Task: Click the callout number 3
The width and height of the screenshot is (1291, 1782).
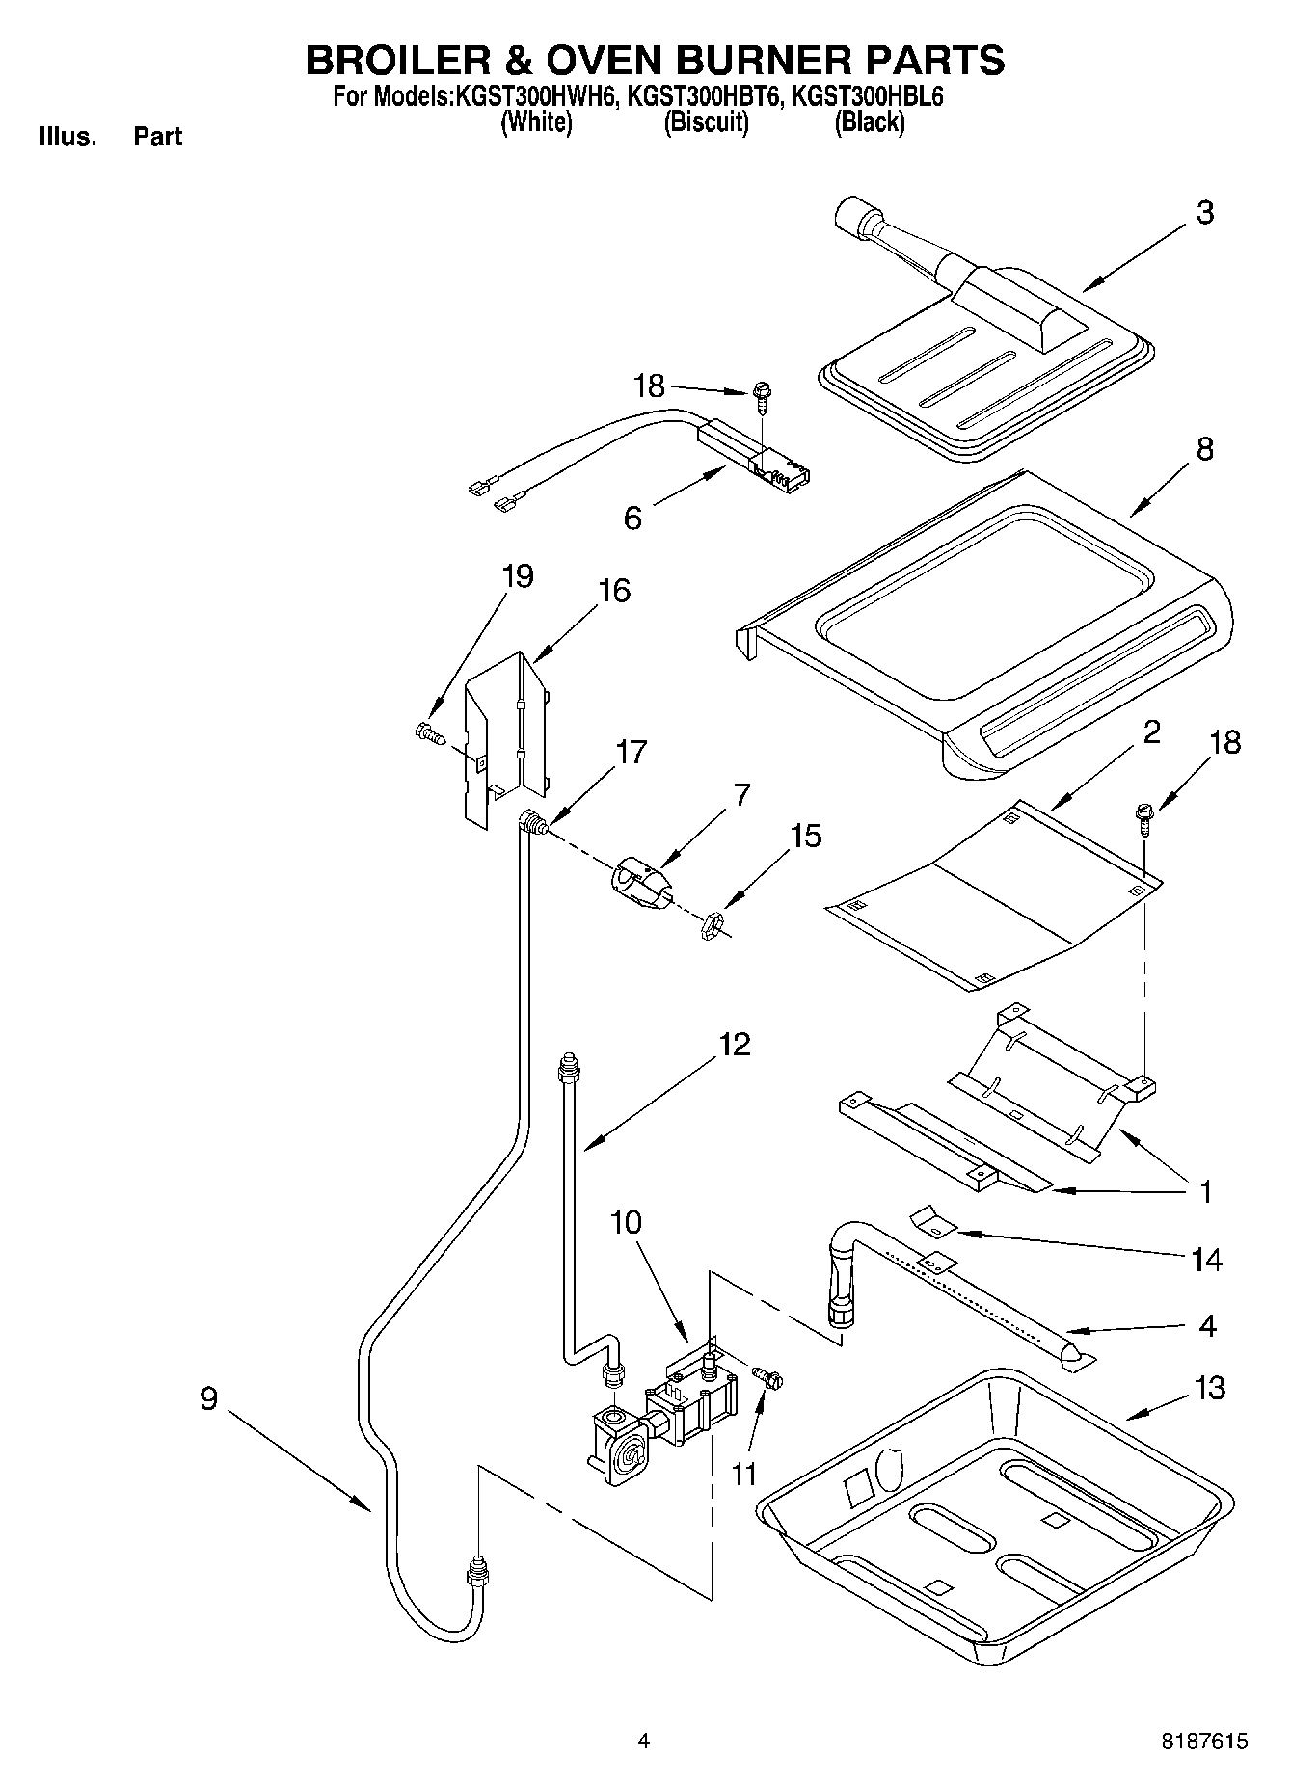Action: point(1204,213)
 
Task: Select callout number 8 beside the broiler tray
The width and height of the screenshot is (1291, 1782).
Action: point(1204,449)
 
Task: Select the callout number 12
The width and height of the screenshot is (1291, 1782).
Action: point(734,1045)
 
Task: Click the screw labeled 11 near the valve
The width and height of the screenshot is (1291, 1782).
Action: point(769,1379)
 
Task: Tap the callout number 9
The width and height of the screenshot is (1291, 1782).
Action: point(209,1398)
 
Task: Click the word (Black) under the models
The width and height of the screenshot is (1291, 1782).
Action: point(869,122)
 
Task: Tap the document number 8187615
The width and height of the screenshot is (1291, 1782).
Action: point(1203,1742)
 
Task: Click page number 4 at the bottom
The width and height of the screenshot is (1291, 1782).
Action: point(643,1742)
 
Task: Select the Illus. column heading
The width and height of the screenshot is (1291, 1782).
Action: point(67,137)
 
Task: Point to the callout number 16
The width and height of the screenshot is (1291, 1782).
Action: point(614,590)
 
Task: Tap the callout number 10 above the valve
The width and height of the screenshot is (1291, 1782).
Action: point(626,1222)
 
